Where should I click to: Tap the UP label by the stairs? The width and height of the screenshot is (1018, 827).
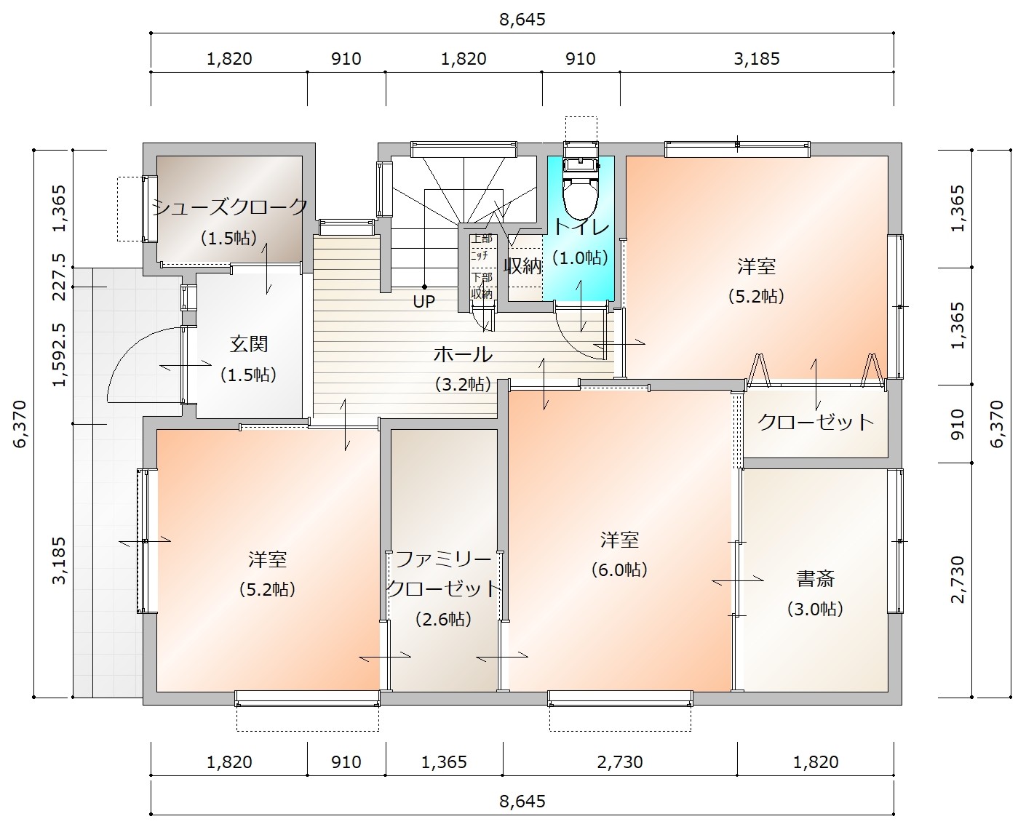click(x=424, y=301)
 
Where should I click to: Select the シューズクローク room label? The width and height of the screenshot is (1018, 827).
click(x=230, y=207)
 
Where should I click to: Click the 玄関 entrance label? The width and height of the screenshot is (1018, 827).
click(x=249, y=344)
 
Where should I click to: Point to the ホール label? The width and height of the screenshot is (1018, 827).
click(x=463, y=354)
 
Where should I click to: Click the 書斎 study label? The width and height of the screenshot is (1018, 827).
click(x=816, y=578)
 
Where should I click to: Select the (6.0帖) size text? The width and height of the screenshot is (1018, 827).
click(x=619, y=570)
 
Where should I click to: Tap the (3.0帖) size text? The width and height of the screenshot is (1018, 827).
click(x=815, y=609)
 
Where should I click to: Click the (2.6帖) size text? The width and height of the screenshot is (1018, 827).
click(x=444, y=619)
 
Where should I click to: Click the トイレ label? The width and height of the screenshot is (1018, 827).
click(x=581, y=228)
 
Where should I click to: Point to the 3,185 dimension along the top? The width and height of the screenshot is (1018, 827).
click(x=757, y=59)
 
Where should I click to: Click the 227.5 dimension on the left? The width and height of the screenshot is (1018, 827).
click(x=60, y=277)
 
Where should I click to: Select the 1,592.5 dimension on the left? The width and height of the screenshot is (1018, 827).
click(x=60, y=355)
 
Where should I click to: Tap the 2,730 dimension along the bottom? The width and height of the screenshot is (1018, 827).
click(x=620, y=762)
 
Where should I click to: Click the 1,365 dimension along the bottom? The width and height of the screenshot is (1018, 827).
click(x=444, y=762)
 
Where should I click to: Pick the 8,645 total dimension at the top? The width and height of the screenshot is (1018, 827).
click(x=522, y=20)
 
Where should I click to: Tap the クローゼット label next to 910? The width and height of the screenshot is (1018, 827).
click(x=816, y=423)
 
